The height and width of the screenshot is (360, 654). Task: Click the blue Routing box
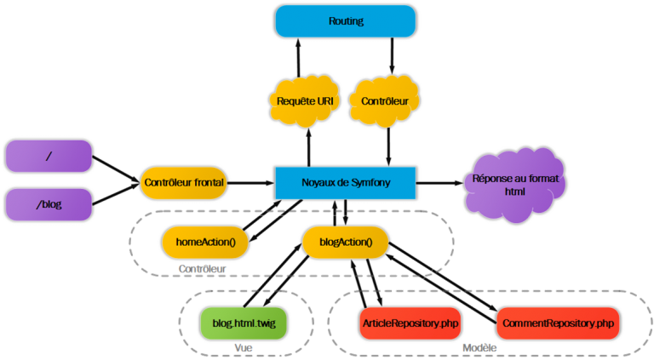click(346, 20)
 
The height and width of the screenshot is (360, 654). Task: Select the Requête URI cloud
click(305, 100)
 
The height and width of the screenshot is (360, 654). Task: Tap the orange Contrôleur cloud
click(384, 100)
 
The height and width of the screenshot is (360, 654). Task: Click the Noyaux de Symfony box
click(346, 183)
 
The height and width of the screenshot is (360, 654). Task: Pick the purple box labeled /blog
click(49, 204)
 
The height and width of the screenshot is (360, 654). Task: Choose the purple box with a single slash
click(49, 156)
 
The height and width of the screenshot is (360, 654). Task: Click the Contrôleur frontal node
click(184, 182)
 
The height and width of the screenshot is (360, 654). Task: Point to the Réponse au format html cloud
click(515, 185)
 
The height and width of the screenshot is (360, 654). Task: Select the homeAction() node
click(205, 242)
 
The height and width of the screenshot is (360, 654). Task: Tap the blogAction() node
click(346, 242)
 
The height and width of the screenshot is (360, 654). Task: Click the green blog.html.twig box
click(244, 323)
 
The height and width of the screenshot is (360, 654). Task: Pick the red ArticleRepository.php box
click(410, 323)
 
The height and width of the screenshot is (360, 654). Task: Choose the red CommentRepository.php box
click(558, 323)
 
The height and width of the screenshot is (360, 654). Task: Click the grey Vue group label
click(244, 347)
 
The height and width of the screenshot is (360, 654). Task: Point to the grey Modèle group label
click(479, 347)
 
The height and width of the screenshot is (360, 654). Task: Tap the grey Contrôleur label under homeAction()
click(203, 269)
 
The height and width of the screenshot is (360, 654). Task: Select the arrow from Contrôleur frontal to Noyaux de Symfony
click(250, 183)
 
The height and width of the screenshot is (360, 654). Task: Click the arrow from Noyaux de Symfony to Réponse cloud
click(439, 183)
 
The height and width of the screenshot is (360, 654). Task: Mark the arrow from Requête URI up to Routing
click(298, 58)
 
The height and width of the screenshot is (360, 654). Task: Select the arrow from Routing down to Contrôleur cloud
click(392, 56)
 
